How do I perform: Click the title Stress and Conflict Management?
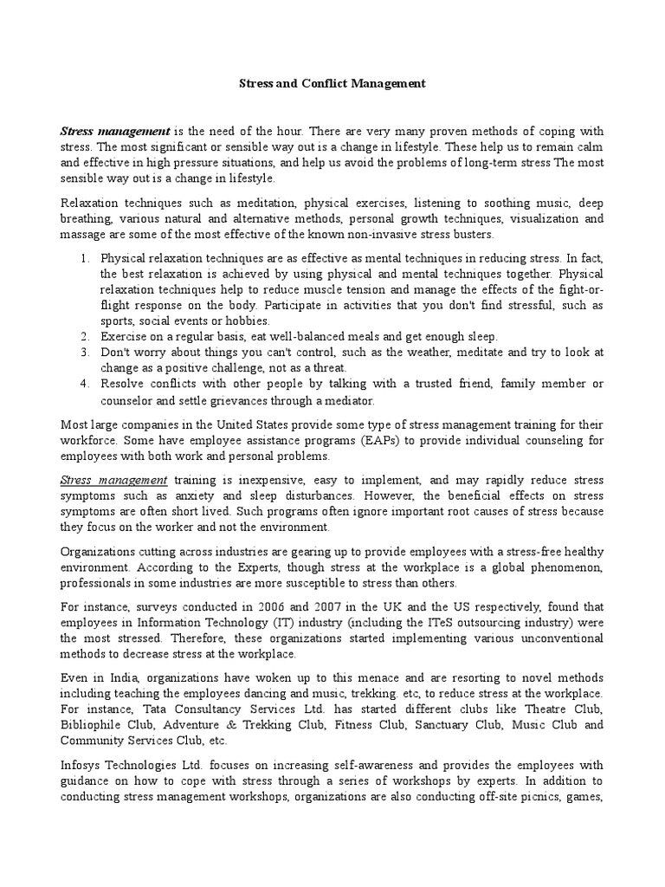[x=332, y=84]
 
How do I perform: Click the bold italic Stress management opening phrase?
[x=114, y=132]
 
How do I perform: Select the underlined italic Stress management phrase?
[x=113, y=479]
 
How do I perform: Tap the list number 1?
[x=85, y=258]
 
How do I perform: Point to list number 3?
[x=85, y=353]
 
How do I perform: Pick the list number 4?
[x=85, y=384]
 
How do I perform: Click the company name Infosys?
[x=82, y=767]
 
